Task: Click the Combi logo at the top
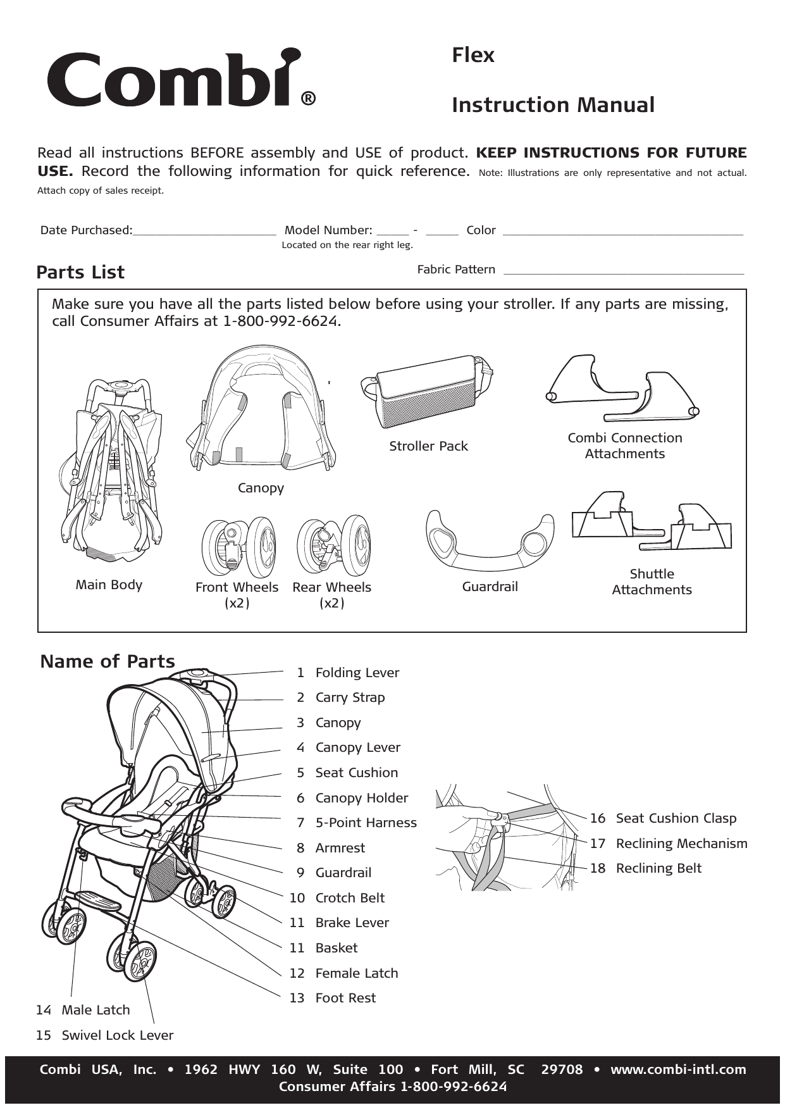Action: pos(180,78)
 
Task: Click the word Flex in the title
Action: pos(473,55)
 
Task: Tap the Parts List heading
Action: pos(80,272)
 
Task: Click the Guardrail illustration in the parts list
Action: pos(490,541)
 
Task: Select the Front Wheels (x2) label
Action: pos(237,594)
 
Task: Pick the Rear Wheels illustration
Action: pos(333,546)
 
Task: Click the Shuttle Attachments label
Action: pos(652,582)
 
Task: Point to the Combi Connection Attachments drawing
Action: pos(624,389)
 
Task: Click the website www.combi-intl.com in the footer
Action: pos(677,1069)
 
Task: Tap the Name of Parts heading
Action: pos(108,661)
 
